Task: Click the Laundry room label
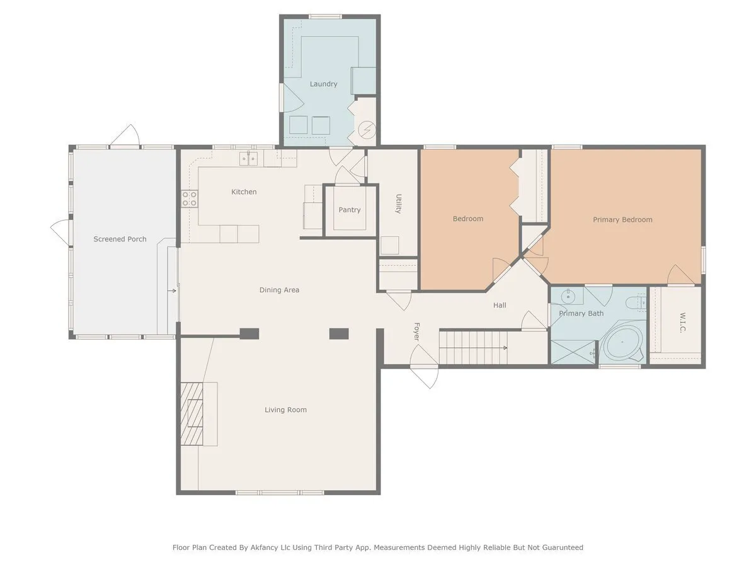click(x=323, y=84)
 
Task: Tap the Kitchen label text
click(x=244, y=192)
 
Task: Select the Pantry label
click(x=349, y=210)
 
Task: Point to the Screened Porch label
click(x=120, y=239)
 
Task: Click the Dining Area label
click(x=279, y=290)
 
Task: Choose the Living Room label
click(x=285, y=409)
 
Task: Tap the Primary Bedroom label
click(x=622, y=220)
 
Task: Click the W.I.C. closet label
click(x=683, y=322)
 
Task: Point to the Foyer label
click(x=416, y=331)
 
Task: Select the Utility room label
click(x=399, y=203)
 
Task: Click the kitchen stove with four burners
click(x=190, y=198)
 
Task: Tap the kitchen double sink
click(x=248, y=158)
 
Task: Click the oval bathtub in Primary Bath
click(x=622, y=342)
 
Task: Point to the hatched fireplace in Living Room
click(x=192, y=414)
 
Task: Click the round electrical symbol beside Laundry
click(x=367, y=130)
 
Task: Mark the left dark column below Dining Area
click(x=249, y=334)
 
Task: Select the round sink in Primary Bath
click(x=566, y=295)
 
